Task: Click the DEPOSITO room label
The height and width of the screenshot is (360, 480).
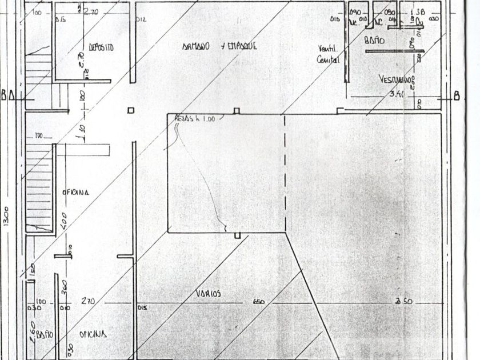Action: (101, 47)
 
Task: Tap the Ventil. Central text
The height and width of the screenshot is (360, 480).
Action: (328, 53)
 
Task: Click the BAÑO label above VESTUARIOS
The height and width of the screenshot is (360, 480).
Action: (374, 41)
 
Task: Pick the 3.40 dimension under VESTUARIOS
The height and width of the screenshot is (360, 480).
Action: (397, 94)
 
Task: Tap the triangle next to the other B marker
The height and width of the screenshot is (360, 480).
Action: (13, 95)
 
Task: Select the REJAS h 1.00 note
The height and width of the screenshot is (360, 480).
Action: (194, 119)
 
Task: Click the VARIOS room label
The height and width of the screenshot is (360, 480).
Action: (208, 294)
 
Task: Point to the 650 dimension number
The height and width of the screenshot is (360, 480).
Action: (258, 302)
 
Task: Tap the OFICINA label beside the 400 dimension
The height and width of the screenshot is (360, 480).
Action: (75, 193)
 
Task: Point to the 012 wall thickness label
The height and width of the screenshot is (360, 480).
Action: (141, 19)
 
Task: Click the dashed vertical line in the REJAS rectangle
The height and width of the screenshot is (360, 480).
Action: (284, 171)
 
